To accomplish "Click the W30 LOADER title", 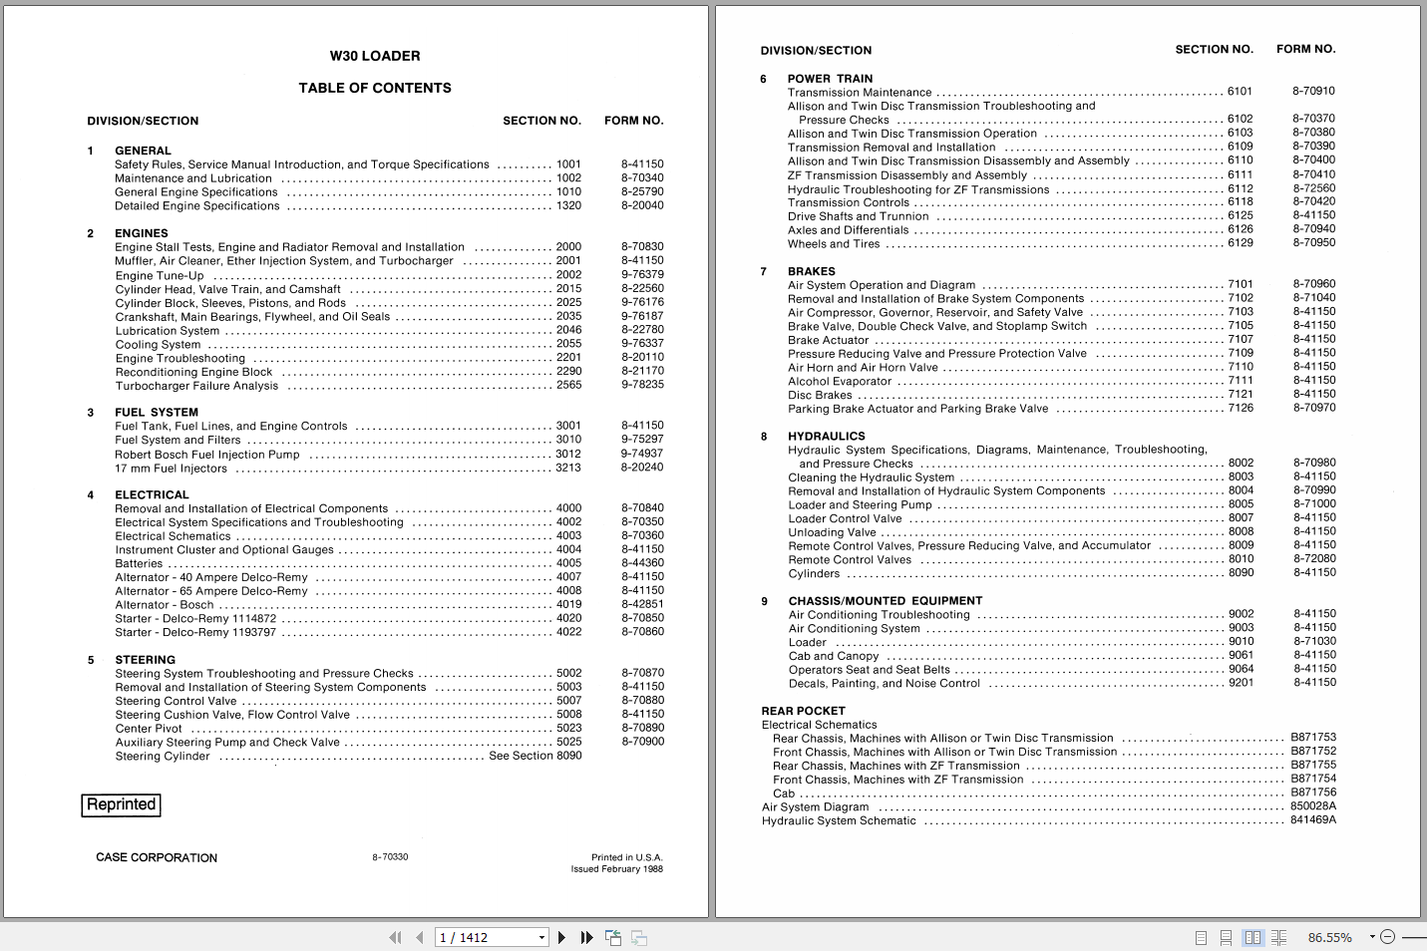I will pyautogui.click(x=375, y=57).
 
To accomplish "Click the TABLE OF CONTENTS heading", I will pyautogui.click(x=375, y=88).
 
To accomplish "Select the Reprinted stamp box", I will pyautogui.click(x=121, y=804).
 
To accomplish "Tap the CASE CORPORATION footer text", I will pyautogui.click(x=157, y=857).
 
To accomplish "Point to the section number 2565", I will pyautogui.click(x=568, y=385).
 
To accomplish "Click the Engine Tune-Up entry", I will pyautogui.click(x=160, y=275).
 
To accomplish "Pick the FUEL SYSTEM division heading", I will pyautogui.click(x=157, y=412).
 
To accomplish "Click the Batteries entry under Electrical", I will pyautogui.click(x=139, y=563).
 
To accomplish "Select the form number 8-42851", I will pyautogui.click(x=642, y=604).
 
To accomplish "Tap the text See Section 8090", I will pyautogui.click(x=535, y=756).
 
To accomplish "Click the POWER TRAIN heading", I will pyautogui.click(x=830, y=79).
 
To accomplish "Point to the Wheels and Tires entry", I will pyautogui.click(x=834, y=243).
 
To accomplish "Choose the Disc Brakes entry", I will pyautogui.click(x=820, y=395).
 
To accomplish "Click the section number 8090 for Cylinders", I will pyautogui.click(x=1241, y=572).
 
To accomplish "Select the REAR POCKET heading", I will pyautogui.click(x=803, y=711).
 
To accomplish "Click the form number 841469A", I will pyautogui.click(x=1312, y=819).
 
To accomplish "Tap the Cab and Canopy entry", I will pyautogui.click(x=834, y=656).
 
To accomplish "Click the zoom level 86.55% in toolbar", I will pyautogui.click(x=1329, y=937).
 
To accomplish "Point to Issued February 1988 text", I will pyautogui.click(x=616, y=869).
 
